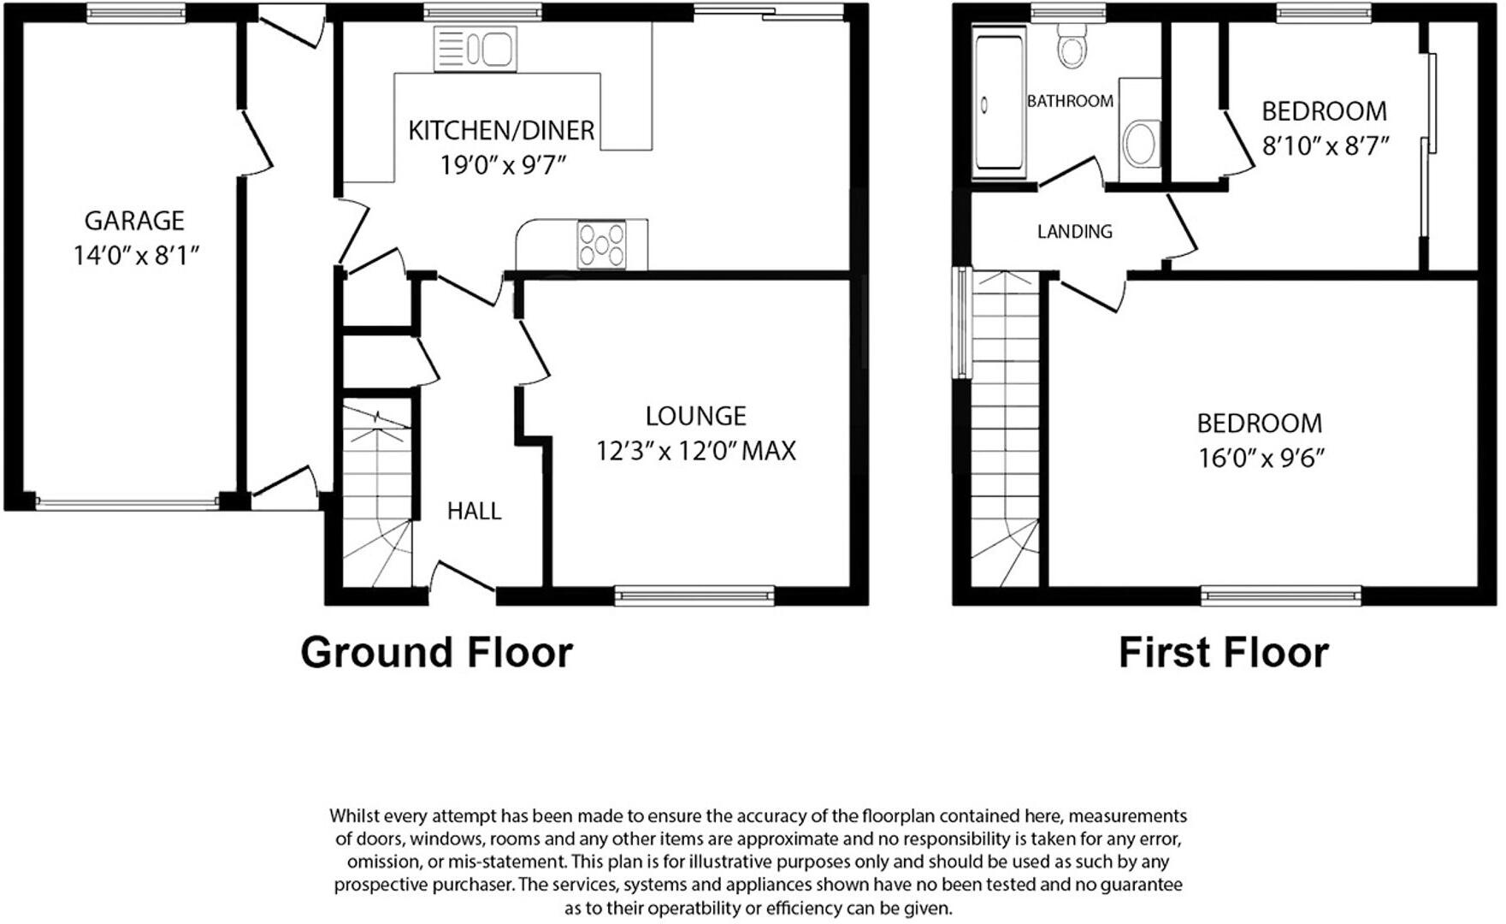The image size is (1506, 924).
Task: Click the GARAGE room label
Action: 134,221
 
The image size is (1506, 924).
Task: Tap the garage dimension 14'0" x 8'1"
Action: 136,255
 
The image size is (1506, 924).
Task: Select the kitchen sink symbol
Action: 475,48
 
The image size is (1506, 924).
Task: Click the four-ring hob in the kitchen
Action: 602,244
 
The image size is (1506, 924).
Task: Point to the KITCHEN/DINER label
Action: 501,131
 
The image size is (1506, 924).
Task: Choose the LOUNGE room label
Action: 695,417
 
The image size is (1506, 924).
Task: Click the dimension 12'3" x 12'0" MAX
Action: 695,451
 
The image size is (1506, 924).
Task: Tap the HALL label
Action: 474,512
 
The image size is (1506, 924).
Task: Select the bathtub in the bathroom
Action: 999,102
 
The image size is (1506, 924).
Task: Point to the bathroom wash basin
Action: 1140,143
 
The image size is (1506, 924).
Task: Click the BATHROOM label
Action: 1070,101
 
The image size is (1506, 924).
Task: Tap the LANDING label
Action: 1074,232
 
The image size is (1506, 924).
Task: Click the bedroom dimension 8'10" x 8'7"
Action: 1325,146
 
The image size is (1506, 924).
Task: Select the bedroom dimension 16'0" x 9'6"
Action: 1261,459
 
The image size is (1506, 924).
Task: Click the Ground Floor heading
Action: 436,653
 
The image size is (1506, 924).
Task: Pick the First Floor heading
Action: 1223,653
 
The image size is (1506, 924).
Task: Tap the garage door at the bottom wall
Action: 127,504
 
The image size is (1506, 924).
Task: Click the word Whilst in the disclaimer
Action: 353,816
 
